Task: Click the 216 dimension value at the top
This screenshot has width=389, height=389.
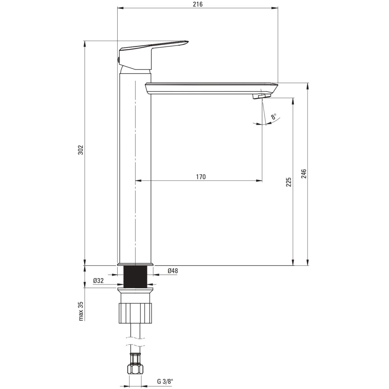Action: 197,4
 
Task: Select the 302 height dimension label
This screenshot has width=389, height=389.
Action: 81,150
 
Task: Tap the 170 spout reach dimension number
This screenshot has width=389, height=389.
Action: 201,177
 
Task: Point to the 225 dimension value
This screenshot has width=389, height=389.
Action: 289,182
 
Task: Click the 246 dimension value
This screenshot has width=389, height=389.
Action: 304,174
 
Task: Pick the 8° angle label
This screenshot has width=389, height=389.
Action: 274,116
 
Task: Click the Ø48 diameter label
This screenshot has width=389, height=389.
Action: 173,271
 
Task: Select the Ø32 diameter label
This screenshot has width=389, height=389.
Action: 98,280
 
